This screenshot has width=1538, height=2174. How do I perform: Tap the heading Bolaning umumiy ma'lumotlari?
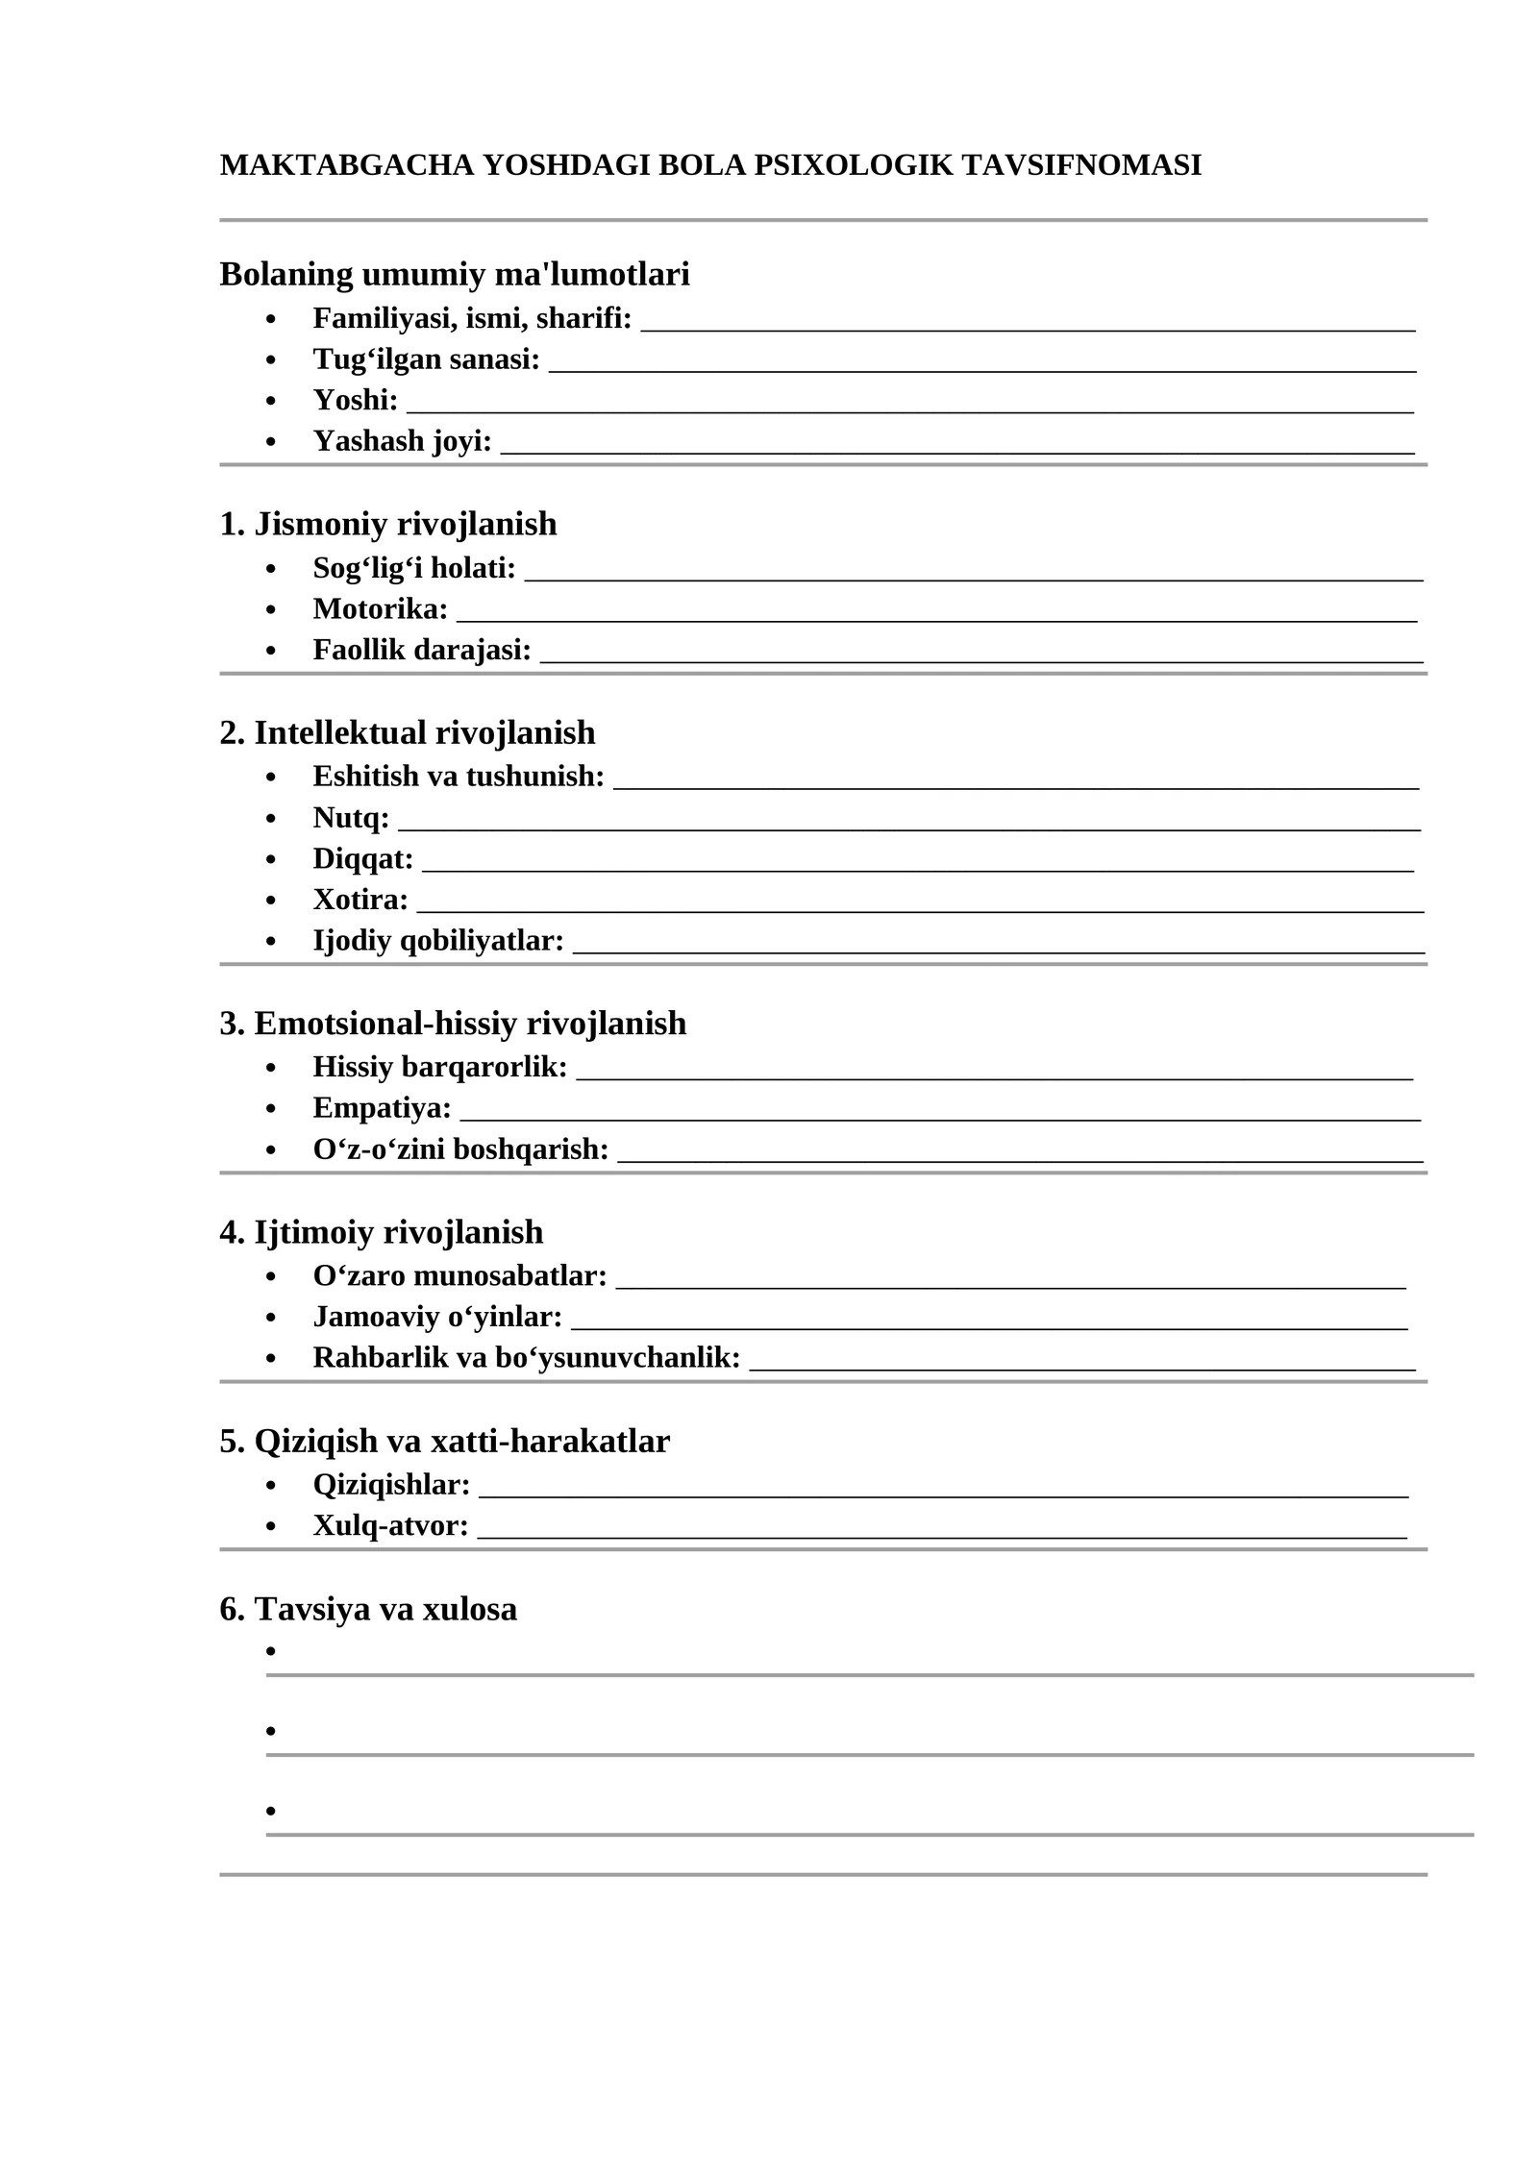click(x=455, y=274)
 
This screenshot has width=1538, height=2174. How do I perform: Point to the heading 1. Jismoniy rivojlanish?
click(x=388, y=524)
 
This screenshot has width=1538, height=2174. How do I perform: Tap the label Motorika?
click(x=381, y=609)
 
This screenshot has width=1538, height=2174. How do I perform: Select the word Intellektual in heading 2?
click(x=340, y=733)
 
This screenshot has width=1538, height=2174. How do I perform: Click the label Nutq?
click(x=351, y=818)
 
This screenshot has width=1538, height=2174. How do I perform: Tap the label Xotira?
click(x=360, y=900)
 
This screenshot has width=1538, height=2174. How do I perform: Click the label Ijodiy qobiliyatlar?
click(x=438, y=941)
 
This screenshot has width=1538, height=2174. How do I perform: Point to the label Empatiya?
click(x=382, y=1108)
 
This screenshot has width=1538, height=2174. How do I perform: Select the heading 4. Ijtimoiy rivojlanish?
click(x=382, y=1232)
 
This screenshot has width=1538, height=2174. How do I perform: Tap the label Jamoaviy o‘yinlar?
click(x=437, y=1317)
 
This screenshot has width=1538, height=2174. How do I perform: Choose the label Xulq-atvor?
click(x=390, y=1525)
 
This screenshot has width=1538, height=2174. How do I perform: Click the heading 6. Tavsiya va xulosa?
click(x=368, y=1609)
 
